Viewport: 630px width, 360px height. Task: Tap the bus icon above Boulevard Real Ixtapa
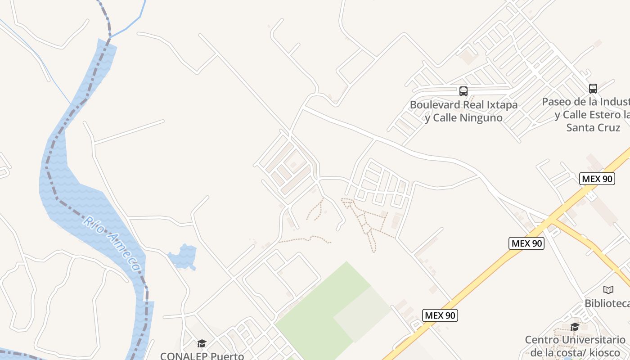[x=463, y=91]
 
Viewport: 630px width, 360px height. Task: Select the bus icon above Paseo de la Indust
[x=593, y=89]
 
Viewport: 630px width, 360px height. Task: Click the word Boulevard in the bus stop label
[x=435, y=105]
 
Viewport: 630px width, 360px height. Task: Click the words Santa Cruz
[x=593, y=127]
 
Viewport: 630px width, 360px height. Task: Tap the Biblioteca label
[x=607, y=303]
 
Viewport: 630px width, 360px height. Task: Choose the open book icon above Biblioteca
[x=608, y=290]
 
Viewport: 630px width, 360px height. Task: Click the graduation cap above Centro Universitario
[x=575, y=327]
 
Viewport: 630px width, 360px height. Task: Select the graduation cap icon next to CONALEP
[x=202, y=344]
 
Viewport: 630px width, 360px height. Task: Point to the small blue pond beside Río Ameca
[x=183, y=256]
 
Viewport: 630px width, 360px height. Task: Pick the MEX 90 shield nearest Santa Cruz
[x=597, y=179]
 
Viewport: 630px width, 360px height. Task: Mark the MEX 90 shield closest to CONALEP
[x=440, y=315]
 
